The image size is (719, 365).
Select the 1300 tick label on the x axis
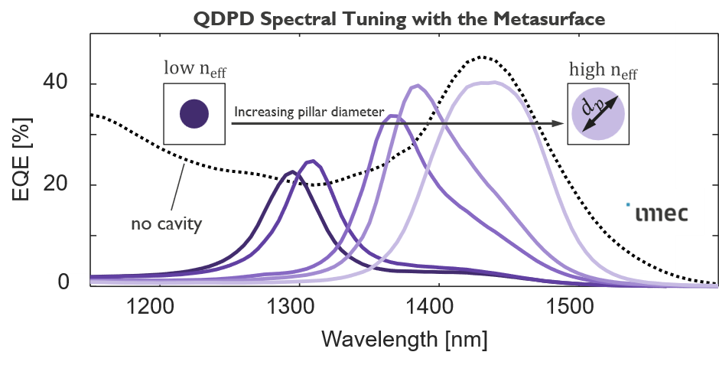(289, 307)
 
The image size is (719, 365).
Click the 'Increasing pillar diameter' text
(308, 112)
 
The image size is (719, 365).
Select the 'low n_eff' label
(194, 70)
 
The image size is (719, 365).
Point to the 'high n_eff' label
(603, 72)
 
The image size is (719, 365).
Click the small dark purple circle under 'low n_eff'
(194, 114)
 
